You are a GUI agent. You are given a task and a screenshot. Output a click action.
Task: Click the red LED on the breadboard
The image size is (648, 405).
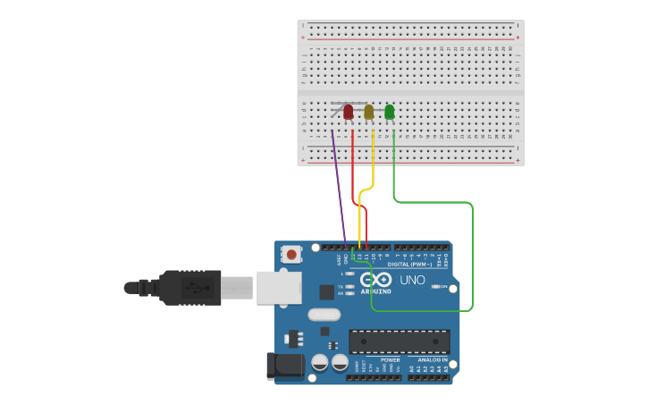(x=349, y=112)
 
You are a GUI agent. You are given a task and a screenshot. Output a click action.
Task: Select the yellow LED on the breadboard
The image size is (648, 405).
(x=369, y=112)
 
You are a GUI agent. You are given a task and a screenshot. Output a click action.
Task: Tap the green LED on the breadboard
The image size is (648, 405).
(x=390, y=112)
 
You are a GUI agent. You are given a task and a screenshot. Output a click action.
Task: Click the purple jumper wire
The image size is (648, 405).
(x=339, y=189)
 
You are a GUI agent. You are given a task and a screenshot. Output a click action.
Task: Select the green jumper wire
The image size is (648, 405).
(x=472, y=259)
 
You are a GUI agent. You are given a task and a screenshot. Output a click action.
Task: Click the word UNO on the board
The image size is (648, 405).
(x=412, y=280)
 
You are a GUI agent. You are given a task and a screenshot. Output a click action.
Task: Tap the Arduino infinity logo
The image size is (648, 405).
(x=376, y=280)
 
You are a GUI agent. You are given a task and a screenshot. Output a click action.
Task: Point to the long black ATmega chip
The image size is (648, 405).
(x=400, y=342)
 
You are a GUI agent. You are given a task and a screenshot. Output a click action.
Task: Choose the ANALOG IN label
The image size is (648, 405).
(x=433, y=359)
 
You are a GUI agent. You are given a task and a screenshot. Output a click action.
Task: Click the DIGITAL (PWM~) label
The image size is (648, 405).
(x=409, y=265)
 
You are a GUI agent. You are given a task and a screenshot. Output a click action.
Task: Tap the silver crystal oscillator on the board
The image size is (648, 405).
(x=324, y=315)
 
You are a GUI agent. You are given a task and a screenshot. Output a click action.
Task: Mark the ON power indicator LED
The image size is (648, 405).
(x=436, y=286)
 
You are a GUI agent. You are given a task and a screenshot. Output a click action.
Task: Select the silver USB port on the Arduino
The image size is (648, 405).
(x=279, y=287)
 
